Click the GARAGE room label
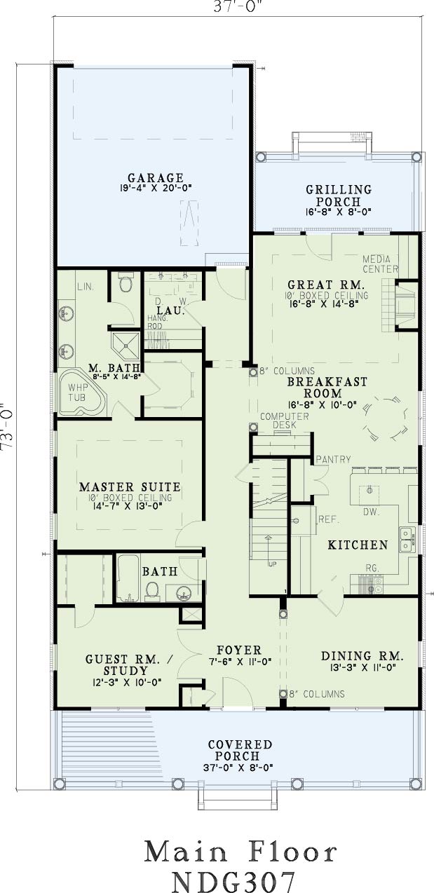(156, 178)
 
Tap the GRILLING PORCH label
(339, 196)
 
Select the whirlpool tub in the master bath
(83, 393)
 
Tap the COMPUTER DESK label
(285, 421)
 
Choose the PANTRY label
(334, 459)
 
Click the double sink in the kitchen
(407, 539)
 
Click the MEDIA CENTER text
(380, 264)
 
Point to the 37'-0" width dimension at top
(238, 7)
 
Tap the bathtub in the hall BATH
(128, 578)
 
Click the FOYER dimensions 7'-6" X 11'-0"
(240, 662)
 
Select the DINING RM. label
(362, 656)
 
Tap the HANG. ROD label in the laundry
(155, 322)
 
